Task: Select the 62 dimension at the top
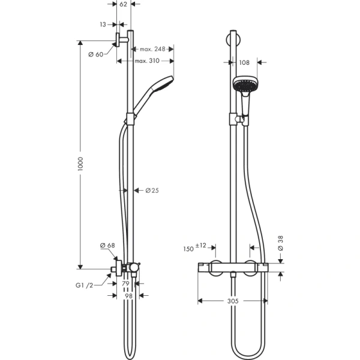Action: point(123,4)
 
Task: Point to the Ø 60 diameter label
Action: point(96,55)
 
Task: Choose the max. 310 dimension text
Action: point(147,61)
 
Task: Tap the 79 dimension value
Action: point(126,283)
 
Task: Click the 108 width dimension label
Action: point(244,62)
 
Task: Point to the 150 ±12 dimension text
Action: point(196,246)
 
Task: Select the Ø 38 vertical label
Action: point(280,242)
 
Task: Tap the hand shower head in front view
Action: point(245,86)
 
